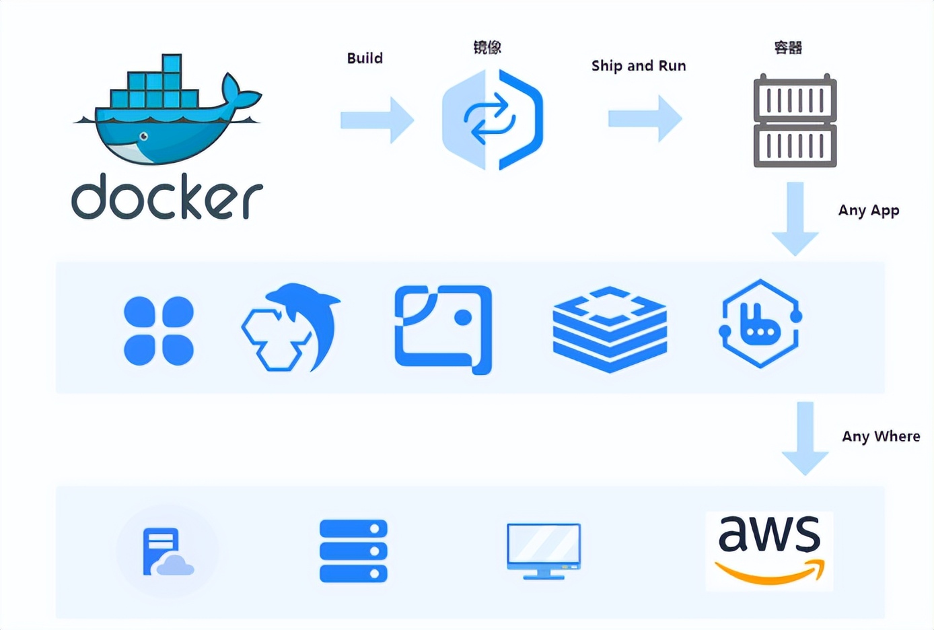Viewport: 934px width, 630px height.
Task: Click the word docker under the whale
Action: (x=167, y=197)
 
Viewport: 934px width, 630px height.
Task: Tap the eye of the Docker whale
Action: (x=143, y=137)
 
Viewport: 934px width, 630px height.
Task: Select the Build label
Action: (x=365, y=59)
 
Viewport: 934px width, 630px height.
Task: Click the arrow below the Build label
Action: (x=377, y=120)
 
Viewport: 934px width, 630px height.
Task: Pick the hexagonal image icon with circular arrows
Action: (x=493, y=119)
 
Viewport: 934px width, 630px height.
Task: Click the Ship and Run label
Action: (x=639, y=66)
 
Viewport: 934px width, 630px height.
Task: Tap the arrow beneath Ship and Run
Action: (x=645, y=119)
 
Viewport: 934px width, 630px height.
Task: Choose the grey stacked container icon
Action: (x=795, y=121)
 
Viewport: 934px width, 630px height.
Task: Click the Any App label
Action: (x=868, y=211)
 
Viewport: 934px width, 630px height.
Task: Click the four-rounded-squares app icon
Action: (x=159, y=330)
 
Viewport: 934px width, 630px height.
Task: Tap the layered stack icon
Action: (x=610, y=328)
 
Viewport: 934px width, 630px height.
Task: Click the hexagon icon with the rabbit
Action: (x=760, y=324)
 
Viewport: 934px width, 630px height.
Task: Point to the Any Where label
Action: (x=880, y=436)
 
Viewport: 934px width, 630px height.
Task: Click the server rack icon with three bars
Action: (x=353, y=551)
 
